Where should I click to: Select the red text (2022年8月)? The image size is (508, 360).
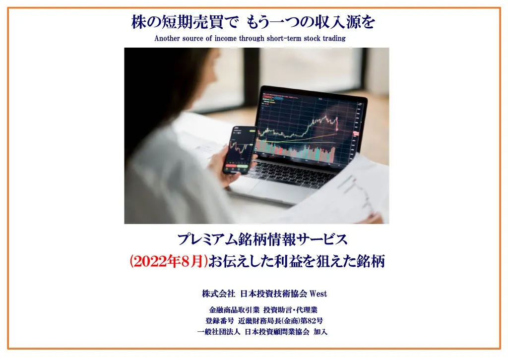pos(169,261)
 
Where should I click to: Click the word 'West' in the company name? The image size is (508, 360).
pos(318,294)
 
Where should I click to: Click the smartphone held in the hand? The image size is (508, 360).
pos(240,150)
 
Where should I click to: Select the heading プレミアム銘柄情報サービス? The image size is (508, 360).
pos(262,240)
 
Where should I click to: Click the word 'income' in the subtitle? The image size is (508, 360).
pos(225,38)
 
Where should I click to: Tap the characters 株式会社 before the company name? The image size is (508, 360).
pos(218,294)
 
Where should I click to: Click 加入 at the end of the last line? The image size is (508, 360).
pos(320,332)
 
